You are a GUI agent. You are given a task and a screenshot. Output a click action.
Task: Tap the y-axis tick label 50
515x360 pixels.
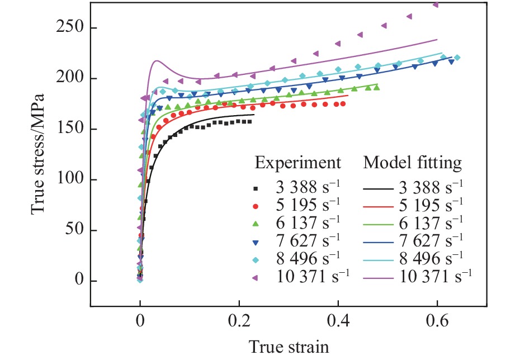pyautogui.click(x=74, y=230)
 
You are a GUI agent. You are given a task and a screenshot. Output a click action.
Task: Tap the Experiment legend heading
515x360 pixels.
pyautogui.click(x=297, y=163)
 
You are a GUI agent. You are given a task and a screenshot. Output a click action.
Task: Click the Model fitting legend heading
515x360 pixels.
pyautogui.click(x=413, y=163)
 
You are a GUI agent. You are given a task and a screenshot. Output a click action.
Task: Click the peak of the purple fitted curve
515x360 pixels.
pyautogui.click(x=158, y=61)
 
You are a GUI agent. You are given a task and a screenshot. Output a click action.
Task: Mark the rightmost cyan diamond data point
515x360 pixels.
pyautogui.click(x=457, y=57)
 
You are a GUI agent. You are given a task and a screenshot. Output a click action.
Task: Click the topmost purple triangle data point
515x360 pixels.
pyautogui.click(x=436, y=5)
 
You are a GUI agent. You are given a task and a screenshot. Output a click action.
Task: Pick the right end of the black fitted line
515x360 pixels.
pyautogui.click(x=254, y=115)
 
